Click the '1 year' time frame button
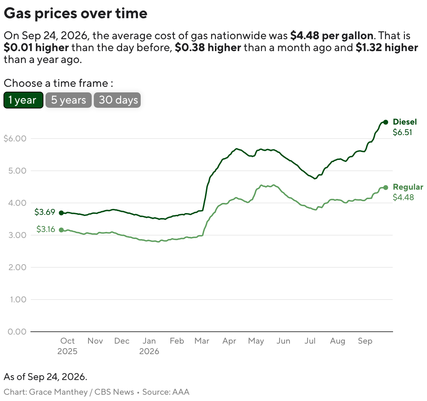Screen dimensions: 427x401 [x=23, y=100]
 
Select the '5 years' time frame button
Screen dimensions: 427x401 [x=68, y=100]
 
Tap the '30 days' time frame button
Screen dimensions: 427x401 [x=117, y=100]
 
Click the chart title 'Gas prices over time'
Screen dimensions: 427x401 [x=76, y=13]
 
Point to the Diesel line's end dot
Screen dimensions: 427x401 [x=386, y=122]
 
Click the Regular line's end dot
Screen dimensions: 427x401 [x=386, y=188]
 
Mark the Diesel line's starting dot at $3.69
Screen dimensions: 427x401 [x=61, y=213]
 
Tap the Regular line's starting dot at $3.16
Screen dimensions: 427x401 [x=61, y=230]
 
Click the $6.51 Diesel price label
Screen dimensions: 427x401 [x=402, y=132]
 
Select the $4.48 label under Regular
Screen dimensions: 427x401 [x=403, y=197]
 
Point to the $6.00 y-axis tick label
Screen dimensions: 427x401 [x=15, y=139]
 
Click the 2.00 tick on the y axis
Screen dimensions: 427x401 [x=17, y=267]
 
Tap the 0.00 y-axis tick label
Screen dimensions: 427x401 [x=17, y=332]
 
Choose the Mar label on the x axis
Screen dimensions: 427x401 [x=202, y=341]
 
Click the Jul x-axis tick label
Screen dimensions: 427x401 [x=310, y=341]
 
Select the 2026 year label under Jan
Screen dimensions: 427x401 [x=149, y=351]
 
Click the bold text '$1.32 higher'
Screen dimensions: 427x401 [x=387, y=48]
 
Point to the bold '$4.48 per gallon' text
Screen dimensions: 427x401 [x=332, y=35]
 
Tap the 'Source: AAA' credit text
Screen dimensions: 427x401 [x=166, y=392]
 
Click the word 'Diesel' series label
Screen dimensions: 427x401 [x=405, y=122]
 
